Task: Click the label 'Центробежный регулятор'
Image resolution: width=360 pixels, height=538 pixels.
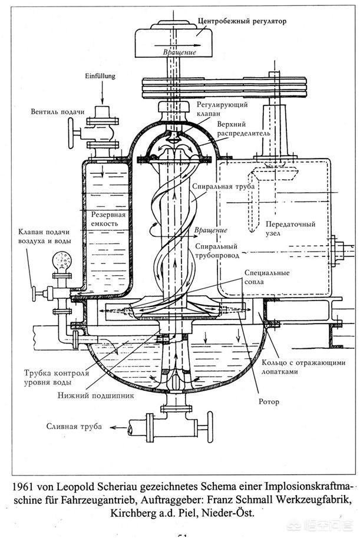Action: click(x=242, y=21)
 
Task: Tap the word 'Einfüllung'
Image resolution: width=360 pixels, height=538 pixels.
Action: click(x=100, y=76)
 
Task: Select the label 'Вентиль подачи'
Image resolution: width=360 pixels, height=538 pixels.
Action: click(x=58, y=111)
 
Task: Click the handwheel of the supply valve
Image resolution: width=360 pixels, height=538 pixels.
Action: click(x=71, y=133)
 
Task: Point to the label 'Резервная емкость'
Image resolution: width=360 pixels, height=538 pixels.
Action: click(x=108, y=219)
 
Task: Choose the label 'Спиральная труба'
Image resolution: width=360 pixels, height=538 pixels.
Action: click(x=223, y=187)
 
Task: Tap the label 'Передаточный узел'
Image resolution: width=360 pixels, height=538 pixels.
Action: click(x=290, y=229)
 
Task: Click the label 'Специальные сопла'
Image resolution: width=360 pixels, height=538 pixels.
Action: click(x=267, y=277)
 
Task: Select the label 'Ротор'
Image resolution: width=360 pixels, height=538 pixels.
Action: click(x=269, y=401)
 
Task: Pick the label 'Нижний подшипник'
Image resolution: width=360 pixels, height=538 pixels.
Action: click(x=96, y=395)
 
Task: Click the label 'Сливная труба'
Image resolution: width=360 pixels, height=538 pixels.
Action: click(x=74, y=427)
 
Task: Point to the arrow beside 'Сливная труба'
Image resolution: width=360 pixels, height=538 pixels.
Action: click(x=118, y=428)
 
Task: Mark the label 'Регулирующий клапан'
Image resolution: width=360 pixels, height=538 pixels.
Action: click(x=222, y=109)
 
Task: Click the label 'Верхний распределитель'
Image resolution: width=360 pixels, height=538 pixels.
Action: click(x=243, y=128)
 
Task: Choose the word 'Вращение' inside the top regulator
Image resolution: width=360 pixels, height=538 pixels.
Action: click(x=180, y=52)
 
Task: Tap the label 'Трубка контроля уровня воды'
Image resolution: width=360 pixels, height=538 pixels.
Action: click(x=57, y=377)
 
